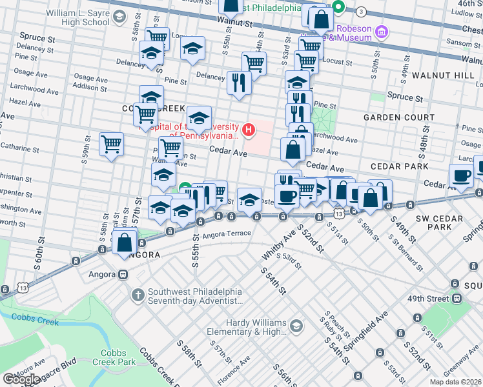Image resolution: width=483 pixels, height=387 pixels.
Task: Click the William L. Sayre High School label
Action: tap(78, 17)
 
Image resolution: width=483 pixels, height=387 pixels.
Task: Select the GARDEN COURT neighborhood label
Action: tap(398, 117)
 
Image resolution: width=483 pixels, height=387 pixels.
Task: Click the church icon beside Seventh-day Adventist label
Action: tap(138, 295)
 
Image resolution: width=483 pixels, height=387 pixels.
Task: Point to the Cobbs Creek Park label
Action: tap(118, 357)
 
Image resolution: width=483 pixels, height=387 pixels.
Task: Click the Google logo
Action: tap(21, 379)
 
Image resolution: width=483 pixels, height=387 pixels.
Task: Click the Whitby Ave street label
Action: tap(272, 246)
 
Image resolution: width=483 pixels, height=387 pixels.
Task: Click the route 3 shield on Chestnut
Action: tap(362, 12)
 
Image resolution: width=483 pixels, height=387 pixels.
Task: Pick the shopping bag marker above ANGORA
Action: tap(125, 243)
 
